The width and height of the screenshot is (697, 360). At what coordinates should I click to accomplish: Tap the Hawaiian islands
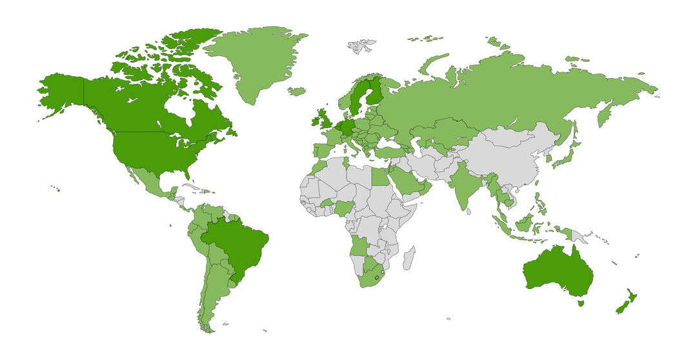pyautogui.click(x=57, y=188)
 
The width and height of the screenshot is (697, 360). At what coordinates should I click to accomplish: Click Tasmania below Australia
pyautogui.click(x=583, y=303)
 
